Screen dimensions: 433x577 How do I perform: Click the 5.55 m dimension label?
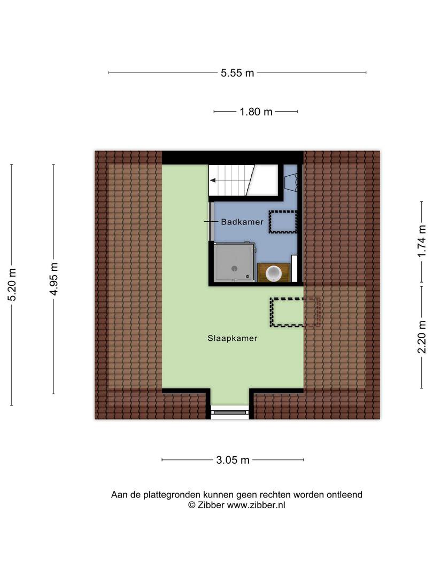pyautogui.click(x=237, y=73)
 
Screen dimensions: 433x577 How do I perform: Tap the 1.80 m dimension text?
pyautogui.click(x=256, y=112)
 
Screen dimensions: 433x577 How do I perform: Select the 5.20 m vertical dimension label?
pyautogui.click(x=12, y=284)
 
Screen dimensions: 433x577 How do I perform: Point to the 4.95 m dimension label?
pyautogui.click(x=54, y=279)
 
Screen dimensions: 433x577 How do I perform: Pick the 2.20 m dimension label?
pyautogui.click(x=422, y=337)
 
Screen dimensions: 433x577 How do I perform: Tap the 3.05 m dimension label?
pyautogui.click(x=233, y=460)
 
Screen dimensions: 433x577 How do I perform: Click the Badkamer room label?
pyautogui.click(x=242, y=222)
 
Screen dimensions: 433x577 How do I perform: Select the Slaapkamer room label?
pyautogui.click(x=233, y=338)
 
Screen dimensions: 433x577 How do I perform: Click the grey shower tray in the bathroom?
pyautogui.click(x=234, y=262)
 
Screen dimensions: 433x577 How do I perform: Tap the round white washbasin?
pyautogui.click(x=274, y=273)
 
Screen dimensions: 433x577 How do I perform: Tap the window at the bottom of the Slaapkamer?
pyautogui.click(x=230, y=412)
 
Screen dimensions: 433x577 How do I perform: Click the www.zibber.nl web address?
pyautogui.click(x=256, y=505)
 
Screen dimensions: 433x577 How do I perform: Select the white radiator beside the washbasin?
pyautogui.click(x=294, y=268)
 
